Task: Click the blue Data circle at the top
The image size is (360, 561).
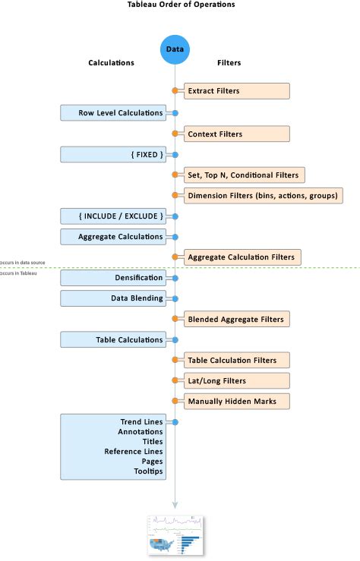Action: pyautogui.click(x=175, y=49)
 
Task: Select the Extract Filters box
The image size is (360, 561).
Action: pyautogui.click(x=236, y=91)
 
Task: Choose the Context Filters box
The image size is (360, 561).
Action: pyautogui.click(x=236, y=134)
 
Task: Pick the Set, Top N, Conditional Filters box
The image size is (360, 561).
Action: pyautogui.click(x=244, y=175)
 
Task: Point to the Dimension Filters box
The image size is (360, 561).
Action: pyautogui.click(x=263, y=196)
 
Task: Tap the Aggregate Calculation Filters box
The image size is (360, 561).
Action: pyautogui.click(x=242, y=257)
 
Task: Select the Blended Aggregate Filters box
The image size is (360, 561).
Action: pyautogui.click(x=236, y=320)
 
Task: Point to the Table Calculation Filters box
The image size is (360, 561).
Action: pyautogui.click(x=236, y=360)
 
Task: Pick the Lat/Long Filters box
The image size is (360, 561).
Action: pyautogui.click(x=236, y=380)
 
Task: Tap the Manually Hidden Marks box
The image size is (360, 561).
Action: pyautogui.click(x=236, y=400)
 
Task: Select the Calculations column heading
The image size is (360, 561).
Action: pyautogui.click(x=112, y=63)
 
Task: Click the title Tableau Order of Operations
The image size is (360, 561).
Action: pyautogui.click(x=181, y=5)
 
